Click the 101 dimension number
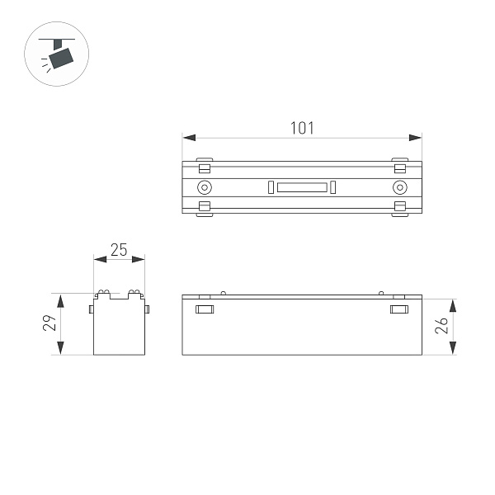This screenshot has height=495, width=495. pyautogui.click(x=302, y=128)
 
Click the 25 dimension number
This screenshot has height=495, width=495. pyautogui.click(x=119, y=250)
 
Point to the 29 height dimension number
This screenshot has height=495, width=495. pyautogui.click(x=49, y=324)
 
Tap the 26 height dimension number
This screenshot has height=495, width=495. pyautogui.click(x=442, y=325)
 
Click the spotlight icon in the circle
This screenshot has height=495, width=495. pyautogui.click(x=57, y=56)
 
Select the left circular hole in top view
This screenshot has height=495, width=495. pyautogui.click(x=204, y=187)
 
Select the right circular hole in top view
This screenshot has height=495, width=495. pyautogui.click(x=400, y=187)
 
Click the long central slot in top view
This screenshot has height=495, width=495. pyautogui.click(x=302, y=187)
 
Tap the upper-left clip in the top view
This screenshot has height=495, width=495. pyautogui.click(x=205, y=165)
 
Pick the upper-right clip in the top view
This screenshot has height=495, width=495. pyautogui.click(x=400, y=165)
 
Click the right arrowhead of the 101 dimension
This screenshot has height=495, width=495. pyautogui.click(x=417, y=138)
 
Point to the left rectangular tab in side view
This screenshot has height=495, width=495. pyautogui.click(x=205, y=310)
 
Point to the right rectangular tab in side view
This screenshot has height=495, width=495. pyautogui.click(x=398, y=310)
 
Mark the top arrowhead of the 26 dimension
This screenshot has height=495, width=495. pyautogui.click(x=453, y=302)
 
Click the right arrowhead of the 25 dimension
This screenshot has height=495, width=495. pyautogui.click(x=141, y=260)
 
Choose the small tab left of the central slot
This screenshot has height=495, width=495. pyautogui.click(x=270, y=187)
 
